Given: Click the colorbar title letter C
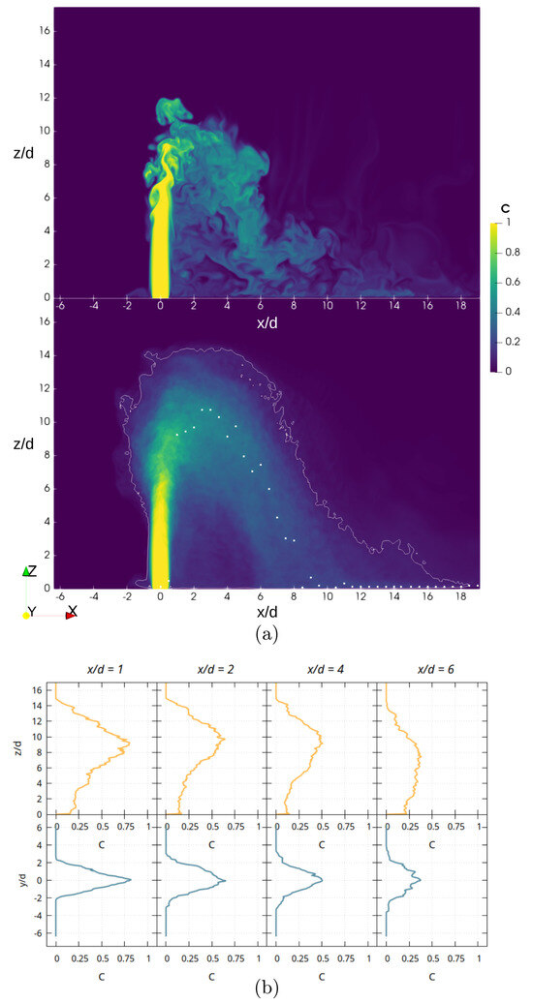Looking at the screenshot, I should [x=505, y=206].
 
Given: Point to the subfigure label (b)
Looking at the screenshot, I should [x=266, y=988].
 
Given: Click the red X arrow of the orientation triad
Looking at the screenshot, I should [x=71, y=614].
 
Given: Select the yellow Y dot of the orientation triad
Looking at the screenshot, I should [x=26, y=614].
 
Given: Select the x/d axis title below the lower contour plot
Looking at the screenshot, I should [x=266, y=613].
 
